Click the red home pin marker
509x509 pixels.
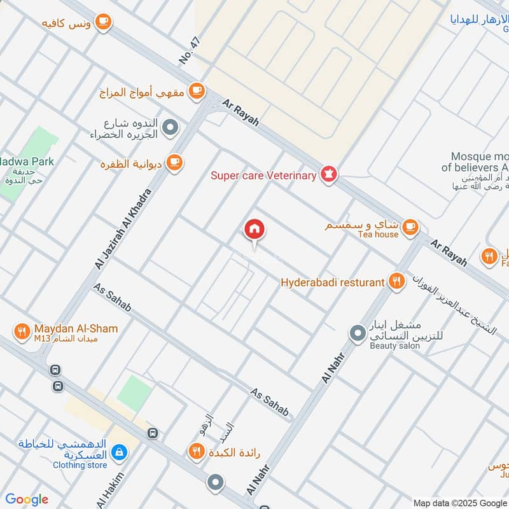[x=254, y=229]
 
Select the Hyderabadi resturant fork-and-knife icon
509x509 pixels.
[x=397, y=281]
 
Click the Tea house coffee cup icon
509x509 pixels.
[x=411, y=226]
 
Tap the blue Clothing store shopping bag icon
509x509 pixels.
[x=118, y=452]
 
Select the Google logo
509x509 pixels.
[x=27, y=499]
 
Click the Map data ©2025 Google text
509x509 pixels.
[x=459, y=502]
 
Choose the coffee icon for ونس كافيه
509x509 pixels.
[x=104, y=23]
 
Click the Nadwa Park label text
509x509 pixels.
[x=27, y=162]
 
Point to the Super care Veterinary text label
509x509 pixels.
[x=263, y=176]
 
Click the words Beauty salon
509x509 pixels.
[x=395, y=345]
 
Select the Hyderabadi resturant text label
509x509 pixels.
[x=333, y=281]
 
